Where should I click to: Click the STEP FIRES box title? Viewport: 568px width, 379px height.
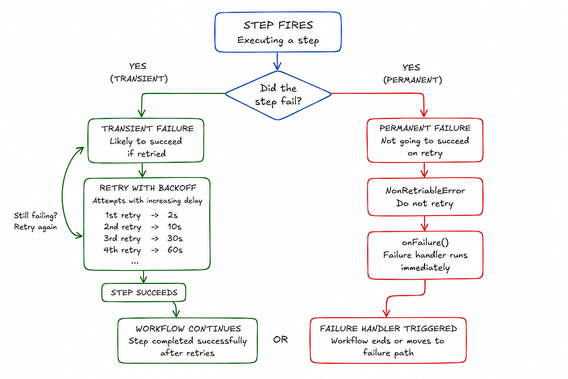[x=278, y=25]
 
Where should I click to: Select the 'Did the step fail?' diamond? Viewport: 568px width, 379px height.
[x=278, y=95]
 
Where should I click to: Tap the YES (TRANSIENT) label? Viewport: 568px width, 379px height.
[x=139, y=72]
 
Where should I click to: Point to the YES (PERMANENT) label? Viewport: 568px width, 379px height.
[x=413, y=73]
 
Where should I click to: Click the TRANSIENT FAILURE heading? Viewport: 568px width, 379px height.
[x=147, y=129]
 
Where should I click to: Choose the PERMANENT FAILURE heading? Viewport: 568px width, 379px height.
[x=425, y=128]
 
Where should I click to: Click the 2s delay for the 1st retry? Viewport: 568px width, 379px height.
[x=172, y=215]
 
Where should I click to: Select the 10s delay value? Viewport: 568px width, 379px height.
[x=174, y=226]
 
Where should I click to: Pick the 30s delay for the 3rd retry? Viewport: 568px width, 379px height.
[x=175, y=238]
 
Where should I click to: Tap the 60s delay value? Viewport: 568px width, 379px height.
[x=175, y=250]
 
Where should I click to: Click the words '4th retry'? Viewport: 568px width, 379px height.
[x=122, y=250]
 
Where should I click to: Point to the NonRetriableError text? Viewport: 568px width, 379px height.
[x=425, y=190]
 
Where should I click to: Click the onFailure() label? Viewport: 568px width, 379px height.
[x=425, y=242]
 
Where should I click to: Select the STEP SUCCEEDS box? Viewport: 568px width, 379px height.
[x=144, y=292]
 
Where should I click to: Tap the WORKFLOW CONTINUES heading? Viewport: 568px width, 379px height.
[x=188, y=329]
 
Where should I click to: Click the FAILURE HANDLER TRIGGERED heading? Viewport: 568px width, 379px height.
[x=388, y=329]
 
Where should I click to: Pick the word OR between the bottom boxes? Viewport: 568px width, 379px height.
[x=280, y=340]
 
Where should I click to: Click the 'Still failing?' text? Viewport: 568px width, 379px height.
[x=35, y=215]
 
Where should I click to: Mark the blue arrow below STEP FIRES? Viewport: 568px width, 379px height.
[x=277, y=61]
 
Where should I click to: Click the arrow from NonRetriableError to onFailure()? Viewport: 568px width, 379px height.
[x=425, y=223]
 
